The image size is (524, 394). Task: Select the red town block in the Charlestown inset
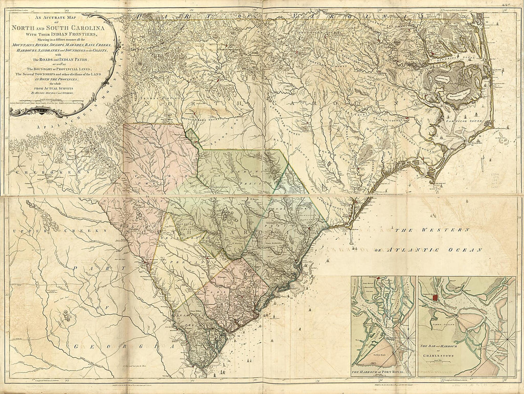click(x=434, y=297)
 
